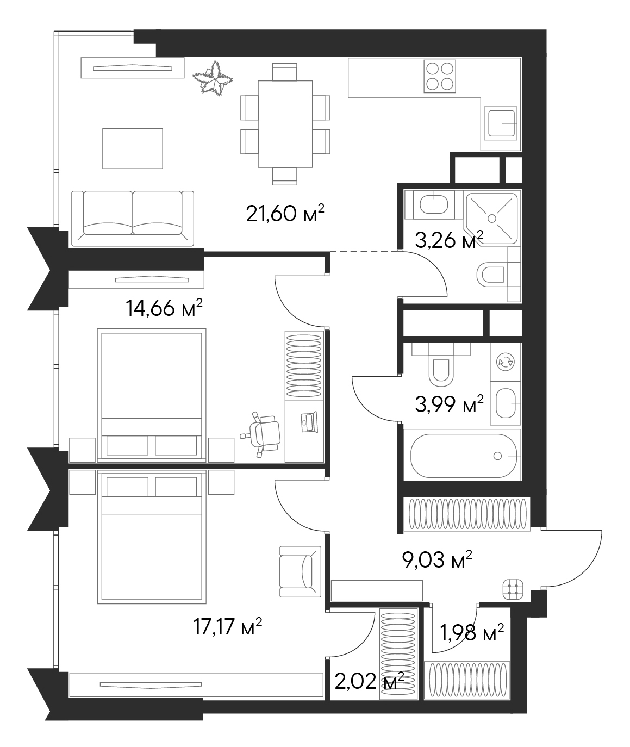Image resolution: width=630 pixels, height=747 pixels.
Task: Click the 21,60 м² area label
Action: click(x=285, y=213)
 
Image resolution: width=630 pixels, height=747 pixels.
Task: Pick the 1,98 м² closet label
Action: click(x=471, y=633)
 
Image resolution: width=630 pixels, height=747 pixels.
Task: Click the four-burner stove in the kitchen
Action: click(x=440, y=76)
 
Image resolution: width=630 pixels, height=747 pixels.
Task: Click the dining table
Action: click(x=285, y=124)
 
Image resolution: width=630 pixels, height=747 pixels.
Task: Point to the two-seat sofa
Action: click(x=132, y=218)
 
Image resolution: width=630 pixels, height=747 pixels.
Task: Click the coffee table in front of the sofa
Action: click(x=132, y=148)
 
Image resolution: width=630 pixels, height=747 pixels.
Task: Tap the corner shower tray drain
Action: click(x=492, y=218)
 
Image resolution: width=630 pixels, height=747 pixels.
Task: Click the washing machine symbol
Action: click(x=505, y=362)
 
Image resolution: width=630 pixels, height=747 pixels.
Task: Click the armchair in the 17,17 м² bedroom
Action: click(x=300, y=572)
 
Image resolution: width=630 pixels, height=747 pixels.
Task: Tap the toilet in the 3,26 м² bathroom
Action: click(x=491, y=275)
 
